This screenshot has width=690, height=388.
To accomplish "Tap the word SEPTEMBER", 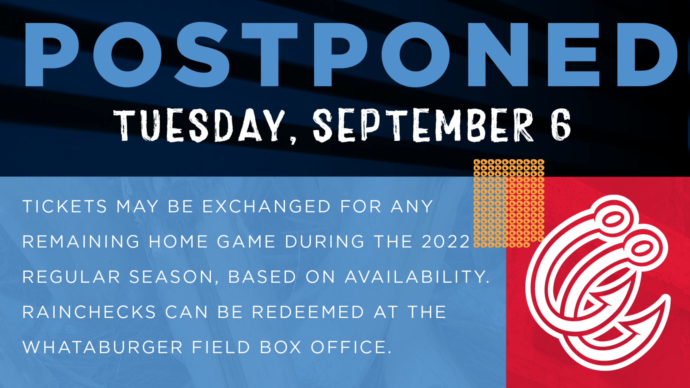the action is [423, 125].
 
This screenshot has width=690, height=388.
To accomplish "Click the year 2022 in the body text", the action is [446, 242].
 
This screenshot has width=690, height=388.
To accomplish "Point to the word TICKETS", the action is [65, 206].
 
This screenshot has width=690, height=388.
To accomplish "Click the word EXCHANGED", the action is [266, 206].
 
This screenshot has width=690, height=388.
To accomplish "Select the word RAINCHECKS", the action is [89, 312].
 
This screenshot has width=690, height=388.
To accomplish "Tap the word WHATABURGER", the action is [102, 347].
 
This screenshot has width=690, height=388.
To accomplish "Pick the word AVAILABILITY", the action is [417, 277].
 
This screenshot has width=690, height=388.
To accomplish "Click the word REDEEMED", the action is [308, 312].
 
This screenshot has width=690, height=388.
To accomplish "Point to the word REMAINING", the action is [81, 242].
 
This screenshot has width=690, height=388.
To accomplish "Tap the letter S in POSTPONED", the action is [202, 54].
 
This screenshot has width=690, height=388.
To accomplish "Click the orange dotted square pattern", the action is [509, 203].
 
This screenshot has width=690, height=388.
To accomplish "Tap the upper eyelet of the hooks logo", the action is [613, 218].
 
